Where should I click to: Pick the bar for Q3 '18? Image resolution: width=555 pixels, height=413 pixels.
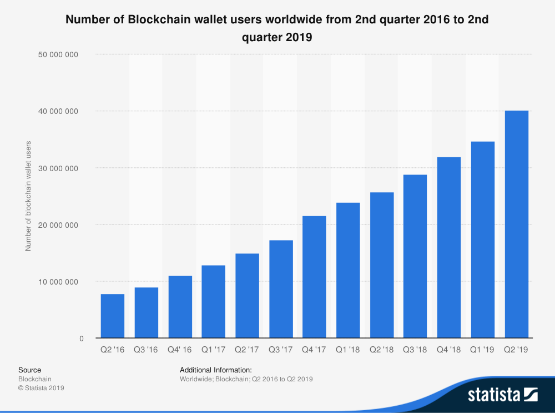(x=415, y=256)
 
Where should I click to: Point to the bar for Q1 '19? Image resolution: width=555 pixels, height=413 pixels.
(x=482, y=240)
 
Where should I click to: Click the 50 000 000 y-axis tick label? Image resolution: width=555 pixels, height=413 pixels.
(x=65, y=54)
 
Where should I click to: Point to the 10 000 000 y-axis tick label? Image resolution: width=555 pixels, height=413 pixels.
(x=65, y=282)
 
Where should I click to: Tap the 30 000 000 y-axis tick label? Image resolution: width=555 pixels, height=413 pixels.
(x=65, y=168)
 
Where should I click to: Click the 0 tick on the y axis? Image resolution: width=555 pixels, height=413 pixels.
(x=80, y=339)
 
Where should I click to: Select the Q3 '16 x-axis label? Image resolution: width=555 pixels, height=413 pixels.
(x=146, y=350)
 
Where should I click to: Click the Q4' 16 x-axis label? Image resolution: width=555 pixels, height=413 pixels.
(x=180, y=350)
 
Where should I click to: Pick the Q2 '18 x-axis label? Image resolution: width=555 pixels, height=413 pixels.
(x=381, y=350)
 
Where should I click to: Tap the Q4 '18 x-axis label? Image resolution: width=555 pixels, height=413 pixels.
(x=449, y=350)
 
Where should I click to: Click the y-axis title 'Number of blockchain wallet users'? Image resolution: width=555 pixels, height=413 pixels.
(x=28, y=196)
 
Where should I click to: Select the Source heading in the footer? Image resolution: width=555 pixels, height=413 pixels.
(x=29, y=370)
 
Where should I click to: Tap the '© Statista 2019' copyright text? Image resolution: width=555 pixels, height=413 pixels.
(x=41, y=388)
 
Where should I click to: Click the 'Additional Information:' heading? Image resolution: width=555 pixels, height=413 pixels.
(x=216, y=370)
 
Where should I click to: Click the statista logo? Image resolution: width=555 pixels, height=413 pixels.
(x=502, y=395)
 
